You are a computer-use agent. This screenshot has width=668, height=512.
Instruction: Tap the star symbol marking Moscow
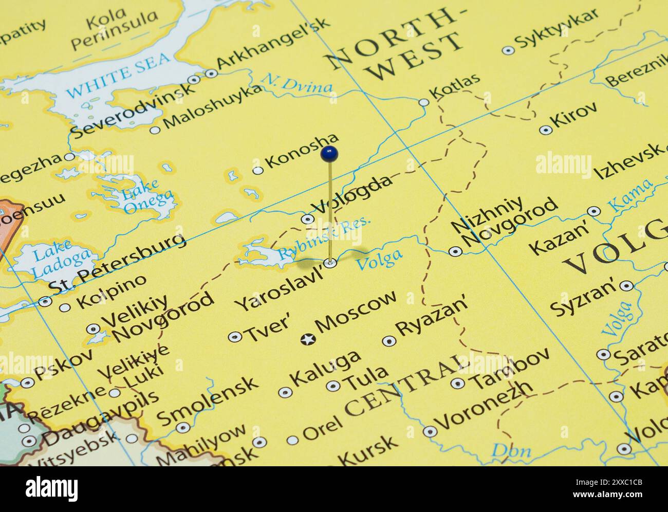(308, 339)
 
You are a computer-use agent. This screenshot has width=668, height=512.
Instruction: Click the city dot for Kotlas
(423, 102)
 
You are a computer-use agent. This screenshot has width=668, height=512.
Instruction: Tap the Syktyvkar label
(556, 29)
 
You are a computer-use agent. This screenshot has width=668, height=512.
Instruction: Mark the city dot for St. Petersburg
(45, 301)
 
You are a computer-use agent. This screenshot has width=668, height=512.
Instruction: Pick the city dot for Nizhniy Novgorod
(455, 251)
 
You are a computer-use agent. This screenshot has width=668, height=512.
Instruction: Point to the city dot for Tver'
(235, 337)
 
